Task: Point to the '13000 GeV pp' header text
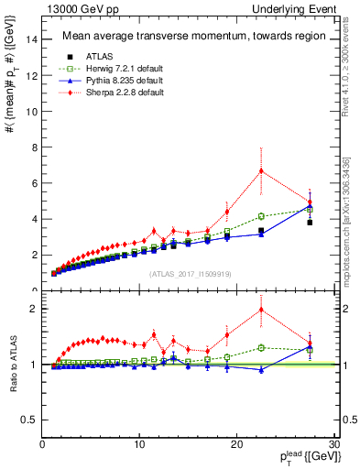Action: [x=73, y=8]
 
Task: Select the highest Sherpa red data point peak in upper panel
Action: [x=261, y=170]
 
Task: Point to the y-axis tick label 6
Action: [x=34, y=183]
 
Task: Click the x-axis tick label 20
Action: [x=236, y=446]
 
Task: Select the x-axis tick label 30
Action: [x=333, y=446]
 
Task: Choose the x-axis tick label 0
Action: [x=43, y=446]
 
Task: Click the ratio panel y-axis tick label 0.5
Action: [x=29, y=420]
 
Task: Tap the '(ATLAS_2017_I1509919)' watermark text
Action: [x=190, y=274]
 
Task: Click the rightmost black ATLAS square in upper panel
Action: [x=310, y=222]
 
